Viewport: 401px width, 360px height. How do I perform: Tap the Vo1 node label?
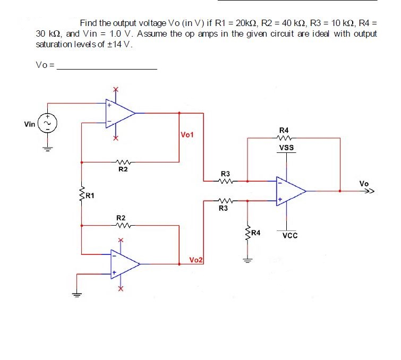pyautogui.click(x=187, y=134)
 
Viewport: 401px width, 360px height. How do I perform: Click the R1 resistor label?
pyautogui.click(x=89, y=196)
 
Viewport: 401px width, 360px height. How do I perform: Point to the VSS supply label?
pyautogui.click(x=287, y=148)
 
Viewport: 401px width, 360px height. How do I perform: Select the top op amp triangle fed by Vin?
pyautogui.click(x=119, y=113)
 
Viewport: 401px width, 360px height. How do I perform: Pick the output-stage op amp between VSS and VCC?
pyautogui.click(x=289, y=190)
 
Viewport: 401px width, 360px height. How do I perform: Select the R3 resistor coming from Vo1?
pyautogui.click(x=225, y=181)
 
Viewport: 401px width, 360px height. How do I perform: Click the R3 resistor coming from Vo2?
pyautogui.click(x=225, y=201)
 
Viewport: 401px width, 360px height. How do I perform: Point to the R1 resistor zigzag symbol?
pyautogui.click(x=82, y=195)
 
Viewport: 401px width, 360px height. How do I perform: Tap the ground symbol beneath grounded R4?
pyautogui.click(x=246, y=260)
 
